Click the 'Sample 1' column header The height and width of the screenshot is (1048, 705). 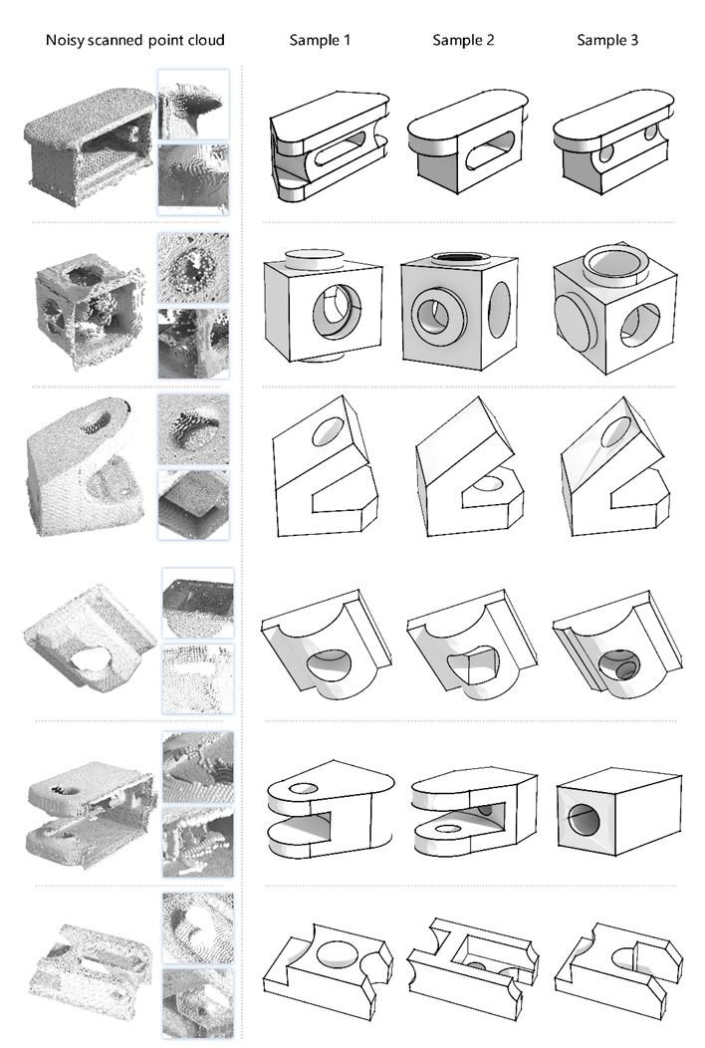pos(320,40)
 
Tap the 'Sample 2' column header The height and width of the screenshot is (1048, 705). pos(463,40)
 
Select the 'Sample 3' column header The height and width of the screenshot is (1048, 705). pos(607,40)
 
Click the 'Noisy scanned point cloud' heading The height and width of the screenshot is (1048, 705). pos(135,40)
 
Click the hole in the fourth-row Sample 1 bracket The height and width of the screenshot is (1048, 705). pos(329,663)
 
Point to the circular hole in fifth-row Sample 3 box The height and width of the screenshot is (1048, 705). pos(585,817)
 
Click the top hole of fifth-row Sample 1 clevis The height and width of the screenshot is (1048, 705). pos(303,788)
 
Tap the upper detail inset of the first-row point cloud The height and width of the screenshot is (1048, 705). pos(193,105)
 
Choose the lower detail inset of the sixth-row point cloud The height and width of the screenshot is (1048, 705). pos(198,1002)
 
